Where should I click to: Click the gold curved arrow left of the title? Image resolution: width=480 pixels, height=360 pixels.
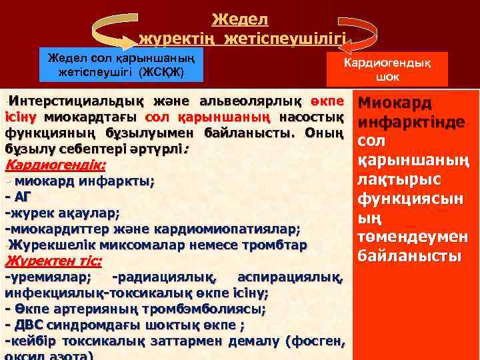coord(113,27)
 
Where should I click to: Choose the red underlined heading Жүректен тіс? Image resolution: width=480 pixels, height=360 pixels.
coord(53,261)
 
